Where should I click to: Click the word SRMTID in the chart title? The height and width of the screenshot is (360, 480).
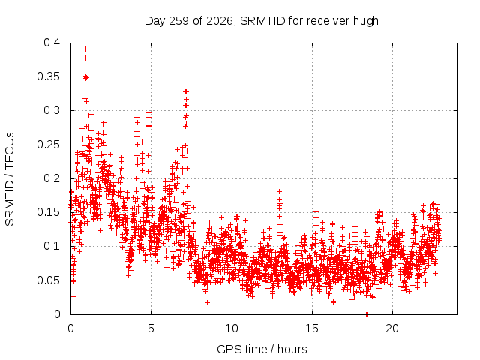pos(262,21)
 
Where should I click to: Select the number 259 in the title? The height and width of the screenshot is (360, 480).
pos(178,21)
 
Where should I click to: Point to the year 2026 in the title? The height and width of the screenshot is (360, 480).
pos(220,21)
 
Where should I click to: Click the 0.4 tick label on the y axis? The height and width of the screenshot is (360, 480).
pos(52,43)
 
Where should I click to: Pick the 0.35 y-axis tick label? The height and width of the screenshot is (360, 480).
pos(48,76)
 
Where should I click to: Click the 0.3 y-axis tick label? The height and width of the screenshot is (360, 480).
pos(52,110)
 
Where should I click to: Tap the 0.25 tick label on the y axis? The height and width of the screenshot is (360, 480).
pos(48,145)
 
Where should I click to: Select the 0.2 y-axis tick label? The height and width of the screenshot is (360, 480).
pos(52,178)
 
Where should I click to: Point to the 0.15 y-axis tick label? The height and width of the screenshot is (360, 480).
pos(48,212)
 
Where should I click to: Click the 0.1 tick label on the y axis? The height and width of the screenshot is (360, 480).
pos(52,246)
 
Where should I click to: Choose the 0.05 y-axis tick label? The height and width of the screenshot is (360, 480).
pos(48,280)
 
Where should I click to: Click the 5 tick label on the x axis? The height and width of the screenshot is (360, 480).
pos(151,328)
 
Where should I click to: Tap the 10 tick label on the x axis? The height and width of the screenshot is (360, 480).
pos(232,328)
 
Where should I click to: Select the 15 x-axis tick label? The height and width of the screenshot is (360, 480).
pos(312,328)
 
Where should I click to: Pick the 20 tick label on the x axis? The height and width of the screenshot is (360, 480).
pos(392,328)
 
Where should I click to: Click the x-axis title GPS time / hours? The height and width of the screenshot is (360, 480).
pos(262,349)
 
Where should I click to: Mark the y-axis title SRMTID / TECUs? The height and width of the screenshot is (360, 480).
pos(10,179)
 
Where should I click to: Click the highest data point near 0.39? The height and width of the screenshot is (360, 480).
pos(86,49)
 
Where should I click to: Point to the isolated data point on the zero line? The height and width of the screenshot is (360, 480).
pos(367,314)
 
